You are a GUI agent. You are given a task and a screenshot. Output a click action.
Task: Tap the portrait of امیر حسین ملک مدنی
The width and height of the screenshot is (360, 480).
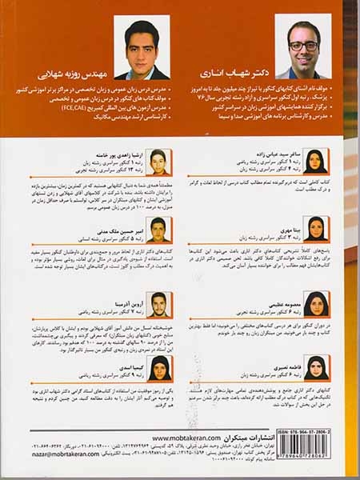pos(159,229)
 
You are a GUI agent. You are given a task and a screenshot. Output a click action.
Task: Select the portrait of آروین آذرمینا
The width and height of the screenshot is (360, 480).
pos(159,300)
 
